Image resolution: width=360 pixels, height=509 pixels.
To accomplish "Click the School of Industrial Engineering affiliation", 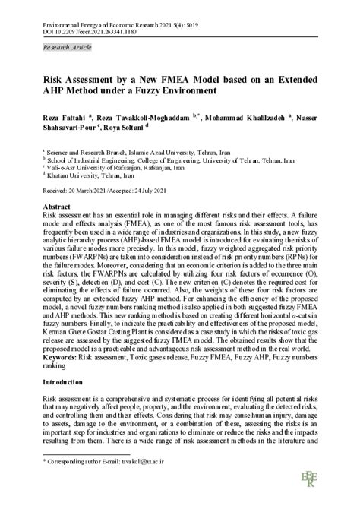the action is coord(154,160).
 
